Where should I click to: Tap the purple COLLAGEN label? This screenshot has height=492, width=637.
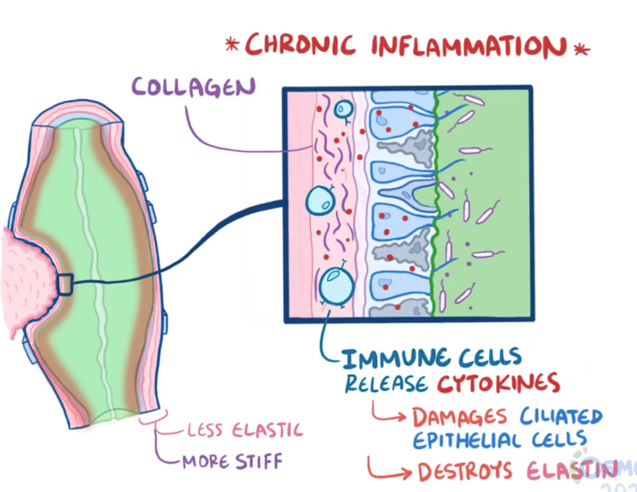click(193, 87)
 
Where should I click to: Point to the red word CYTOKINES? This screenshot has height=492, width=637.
click(499, 383)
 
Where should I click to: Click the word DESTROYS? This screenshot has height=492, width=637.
click(465, 472)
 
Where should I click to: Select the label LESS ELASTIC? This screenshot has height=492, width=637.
click(245, 429)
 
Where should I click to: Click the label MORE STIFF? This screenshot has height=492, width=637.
click(232, 460)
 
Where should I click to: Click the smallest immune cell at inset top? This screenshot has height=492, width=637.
click(344, 109)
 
